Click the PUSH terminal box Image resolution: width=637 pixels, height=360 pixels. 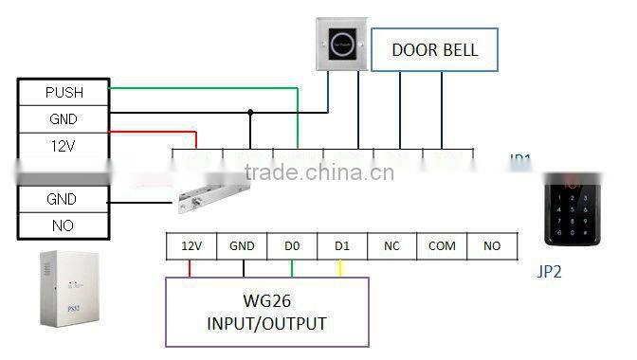click(x=64, y=93)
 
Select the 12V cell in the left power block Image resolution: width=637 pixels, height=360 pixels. click(x=64, y=146)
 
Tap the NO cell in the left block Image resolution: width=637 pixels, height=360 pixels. click(x=64, y=225)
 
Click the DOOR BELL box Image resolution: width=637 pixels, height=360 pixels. click(x=434, y=50)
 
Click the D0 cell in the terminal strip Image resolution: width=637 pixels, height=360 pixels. click(x=292, y=246)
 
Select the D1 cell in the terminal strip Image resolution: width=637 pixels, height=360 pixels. click(x=342, y=246)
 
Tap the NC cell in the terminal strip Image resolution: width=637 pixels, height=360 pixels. click(x=391, y=246)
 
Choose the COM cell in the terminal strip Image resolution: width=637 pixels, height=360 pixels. click(x=442, y=246)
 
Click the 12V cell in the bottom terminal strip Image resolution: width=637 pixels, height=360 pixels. click(x=191, y=246)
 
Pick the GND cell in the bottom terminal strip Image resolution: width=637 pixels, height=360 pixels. click(x=242, y=246)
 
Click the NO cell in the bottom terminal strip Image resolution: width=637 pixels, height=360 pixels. click(x=492, y=246)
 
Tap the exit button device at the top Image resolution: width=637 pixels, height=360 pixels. click(x=343, y=44)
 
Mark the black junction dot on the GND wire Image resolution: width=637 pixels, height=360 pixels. click(x=250, y=112)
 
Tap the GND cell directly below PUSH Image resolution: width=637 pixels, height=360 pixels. click(x=64, y=119)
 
